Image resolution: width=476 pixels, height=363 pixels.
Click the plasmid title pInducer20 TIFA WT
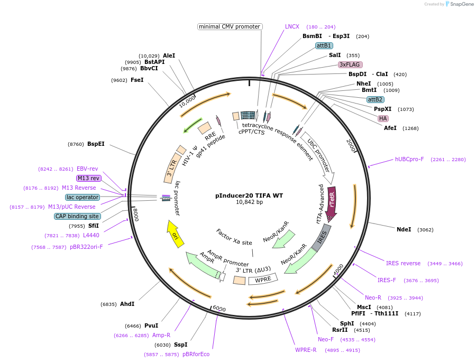click(x=249, y=196)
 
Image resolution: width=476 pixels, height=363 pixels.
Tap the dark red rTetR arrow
click(x=332, y=202)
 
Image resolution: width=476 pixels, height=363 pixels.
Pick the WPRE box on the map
click(x=263, y=279)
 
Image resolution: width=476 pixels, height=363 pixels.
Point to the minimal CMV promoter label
click(x=230, y=26)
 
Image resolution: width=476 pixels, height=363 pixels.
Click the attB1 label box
click(x=324, y=45)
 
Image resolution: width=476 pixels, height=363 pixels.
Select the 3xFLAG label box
click(x=350, y=64)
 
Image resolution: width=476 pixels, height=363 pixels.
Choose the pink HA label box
click(x=383, y=118)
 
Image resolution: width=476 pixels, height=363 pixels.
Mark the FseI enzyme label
click(x=137, y=80)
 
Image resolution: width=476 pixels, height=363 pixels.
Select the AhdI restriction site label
click(x=127, y=304)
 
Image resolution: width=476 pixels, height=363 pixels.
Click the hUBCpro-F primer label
click(x=409, y=159)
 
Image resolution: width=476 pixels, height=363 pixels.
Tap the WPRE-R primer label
click(x=306, y=350)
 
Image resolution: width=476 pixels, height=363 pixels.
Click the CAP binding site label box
click(x=77, y=216)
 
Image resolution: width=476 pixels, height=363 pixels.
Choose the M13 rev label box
click(x=88, y=178)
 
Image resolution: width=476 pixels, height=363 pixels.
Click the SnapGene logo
click(x=455, y=4)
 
